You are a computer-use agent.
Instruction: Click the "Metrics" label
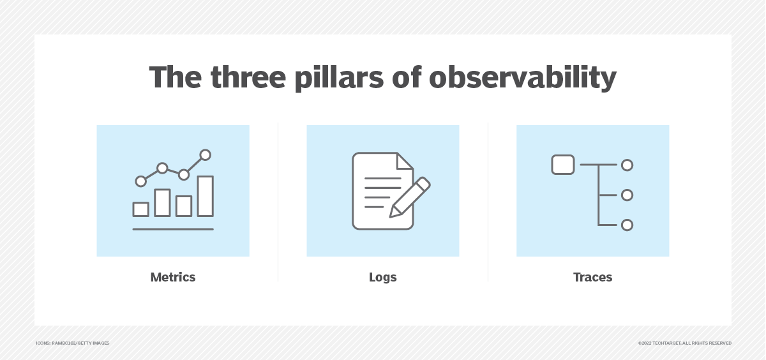point(173,277)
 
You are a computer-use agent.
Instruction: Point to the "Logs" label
point(383,277)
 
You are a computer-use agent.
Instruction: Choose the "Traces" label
point(592,277)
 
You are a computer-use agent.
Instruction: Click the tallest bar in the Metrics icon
point(205,196)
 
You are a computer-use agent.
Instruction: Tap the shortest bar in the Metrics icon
point(141,209)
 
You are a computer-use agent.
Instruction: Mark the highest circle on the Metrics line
point(205,154)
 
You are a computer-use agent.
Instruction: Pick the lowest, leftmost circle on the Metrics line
point(141,181)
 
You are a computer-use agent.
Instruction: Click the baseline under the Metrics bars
point(173,229)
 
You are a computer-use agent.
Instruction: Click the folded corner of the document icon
point(405,161)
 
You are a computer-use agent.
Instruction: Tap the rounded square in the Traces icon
point(562,165)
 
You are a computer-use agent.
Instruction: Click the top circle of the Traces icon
point(627,165)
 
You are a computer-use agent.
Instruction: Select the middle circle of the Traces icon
point(627,195)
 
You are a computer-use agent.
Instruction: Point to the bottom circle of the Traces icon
point(627,225)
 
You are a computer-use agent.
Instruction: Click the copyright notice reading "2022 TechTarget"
point(684,343)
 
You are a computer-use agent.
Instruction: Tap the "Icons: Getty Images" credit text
point(72,343)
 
